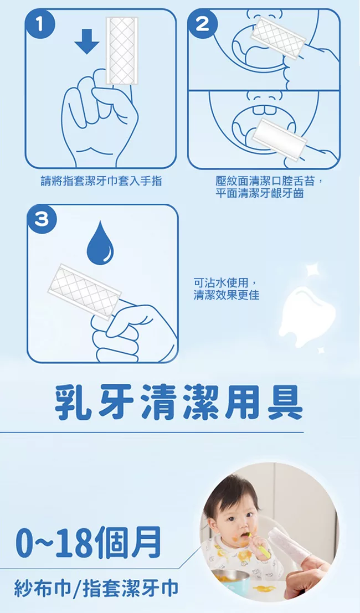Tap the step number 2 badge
(x=202, y=25)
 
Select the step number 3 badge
(x=42, y=220)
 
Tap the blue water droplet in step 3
(x=100, y=243)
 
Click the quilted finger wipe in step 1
(x=122, y=50)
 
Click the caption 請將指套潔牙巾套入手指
(x=101, y=181)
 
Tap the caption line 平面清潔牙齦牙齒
(x=260, y=193)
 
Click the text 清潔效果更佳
(x=227, y=295)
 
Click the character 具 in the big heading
(x=285, y=403)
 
